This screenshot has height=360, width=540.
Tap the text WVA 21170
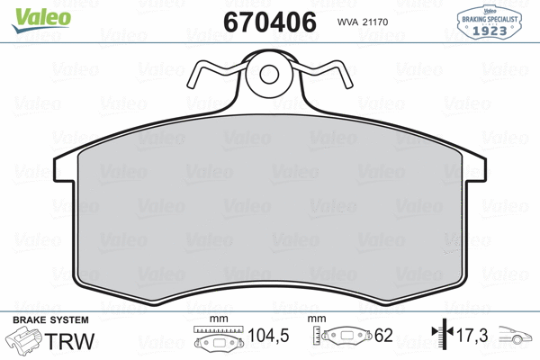(364, 24)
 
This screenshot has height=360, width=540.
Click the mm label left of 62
(316, 320)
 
